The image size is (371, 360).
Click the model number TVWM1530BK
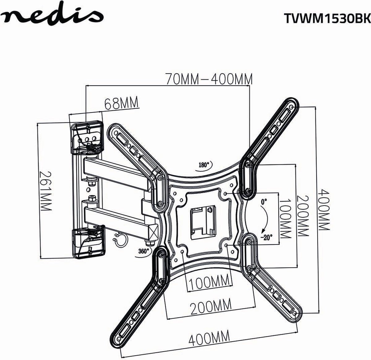click(327, 19)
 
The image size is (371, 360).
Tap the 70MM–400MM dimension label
click(209, 79)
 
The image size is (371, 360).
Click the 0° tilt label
click(263, 201)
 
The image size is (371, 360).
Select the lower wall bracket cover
click(88, 242)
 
